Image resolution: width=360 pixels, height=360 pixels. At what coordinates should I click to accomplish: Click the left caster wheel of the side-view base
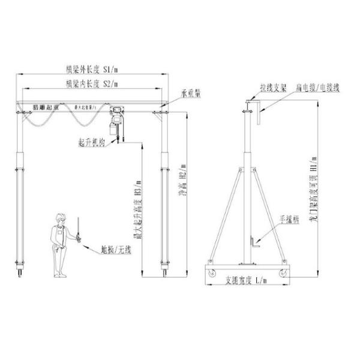(213, 273)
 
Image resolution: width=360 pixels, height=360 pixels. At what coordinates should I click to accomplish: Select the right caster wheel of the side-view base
(281, 273)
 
